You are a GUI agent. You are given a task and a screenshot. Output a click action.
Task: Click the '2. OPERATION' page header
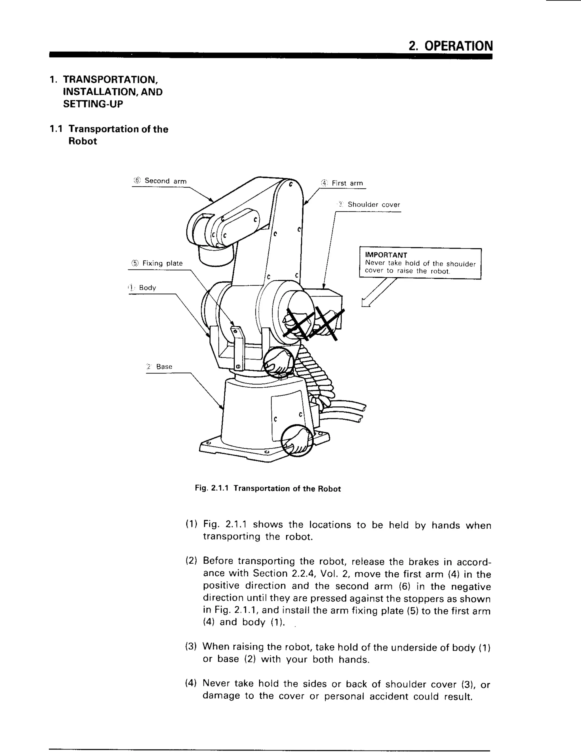click(x=450, y=46)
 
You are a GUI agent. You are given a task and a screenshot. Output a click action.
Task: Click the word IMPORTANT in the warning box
click(x=386, y=255)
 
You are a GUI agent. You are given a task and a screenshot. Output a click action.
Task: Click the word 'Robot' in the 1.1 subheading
click(x=83, y=141)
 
